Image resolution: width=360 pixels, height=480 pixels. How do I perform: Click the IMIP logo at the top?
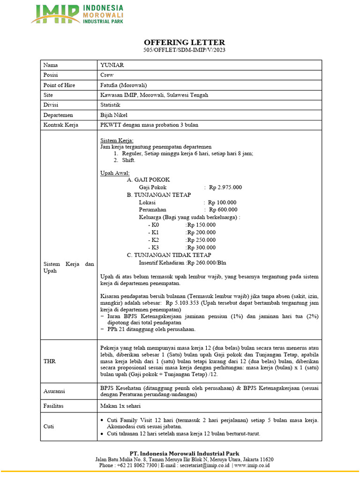click(x=77, y=14)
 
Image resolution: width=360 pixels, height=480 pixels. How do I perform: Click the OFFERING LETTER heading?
click(x=180, y=42)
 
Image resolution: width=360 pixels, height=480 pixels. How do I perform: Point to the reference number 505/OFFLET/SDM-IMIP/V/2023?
click(x=180, y=50)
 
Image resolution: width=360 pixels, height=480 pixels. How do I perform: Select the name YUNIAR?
click(x=111, y=65)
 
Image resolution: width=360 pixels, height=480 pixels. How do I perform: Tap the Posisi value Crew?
click(x=107, y=75)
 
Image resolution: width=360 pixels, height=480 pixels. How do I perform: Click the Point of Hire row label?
click(x=59, y=85)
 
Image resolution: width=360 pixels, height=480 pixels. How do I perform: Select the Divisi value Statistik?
click(x=110, y=105)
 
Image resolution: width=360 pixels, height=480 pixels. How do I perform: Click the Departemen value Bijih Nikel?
click(x=114, y=115)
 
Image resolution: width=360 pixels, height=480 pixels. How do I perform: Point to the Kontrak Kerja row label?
click(x=61, y=125)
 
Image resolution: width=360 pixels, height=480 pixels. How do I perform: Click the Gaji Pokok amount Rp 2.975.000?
click(x=225, y=187)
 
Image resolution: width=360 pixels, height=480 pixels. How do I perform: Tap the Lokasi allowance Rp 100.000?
click(x=223, y=202)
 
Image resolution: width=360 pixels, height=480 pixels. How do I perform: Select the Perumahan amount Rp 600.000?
click(x=223, y=210)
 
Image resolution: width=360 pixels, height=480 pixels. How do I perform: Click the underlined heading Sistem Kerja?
click(x=117, y=140)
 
